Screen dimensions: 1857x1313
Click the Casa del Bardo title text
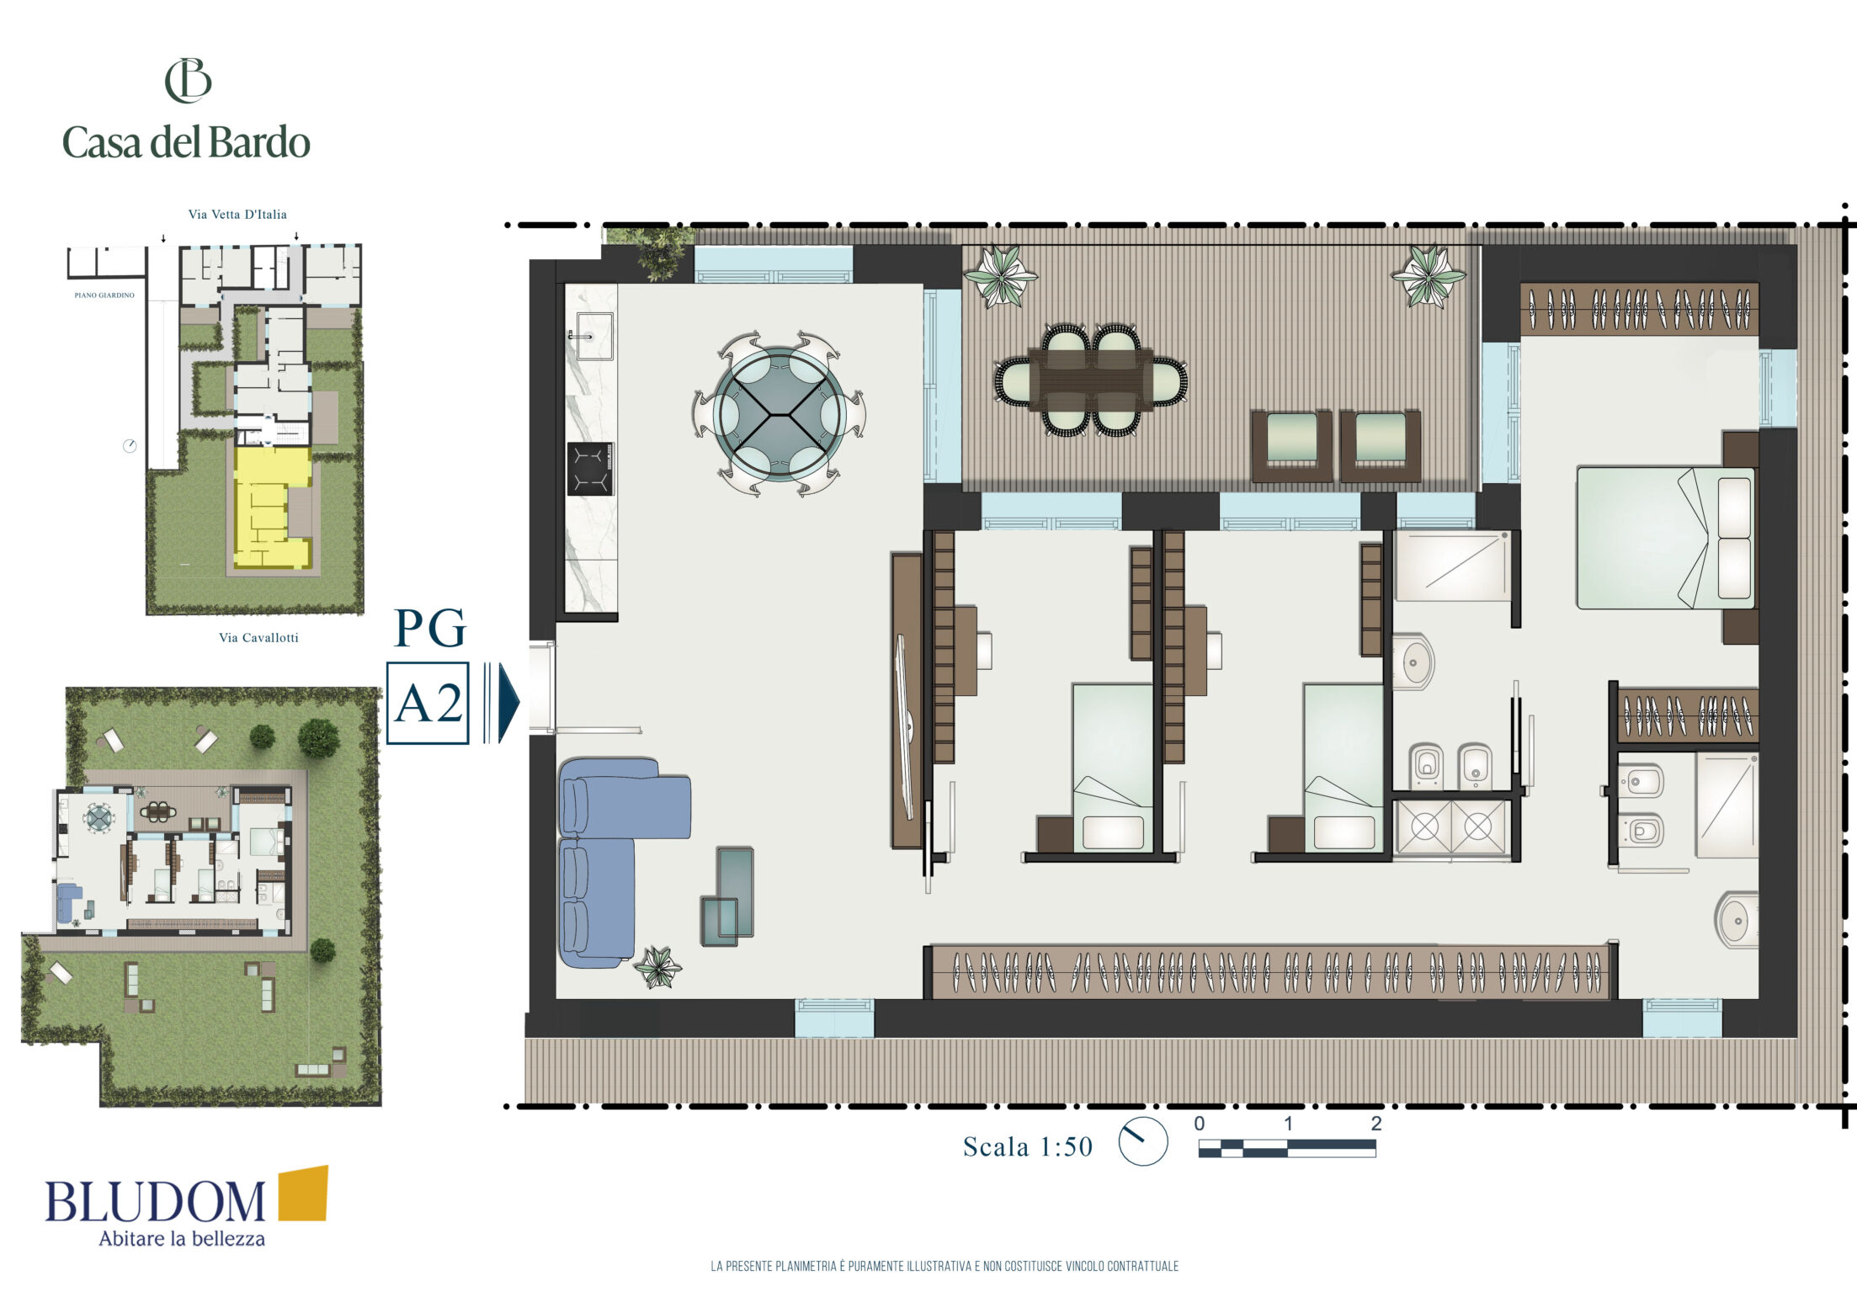186,142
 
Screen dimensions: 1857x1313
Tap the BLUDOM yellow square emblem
303,1193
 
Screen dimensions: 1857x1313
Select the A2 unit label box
428,703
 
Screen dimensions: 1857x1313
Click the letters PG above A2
429,628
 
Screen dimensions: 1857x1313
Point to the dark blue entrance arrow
508,703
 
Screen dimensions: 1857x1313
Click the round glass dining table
780,414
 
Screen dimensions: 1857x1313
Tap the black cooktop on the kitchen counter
590,469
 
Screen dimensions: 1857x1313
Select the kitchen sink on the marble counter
593,337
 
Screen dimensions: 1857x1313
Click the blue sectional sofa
615,858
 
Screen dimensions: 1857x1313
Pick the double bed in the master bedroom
1667,538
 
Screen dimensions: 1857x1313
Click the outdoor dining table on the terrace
1092,379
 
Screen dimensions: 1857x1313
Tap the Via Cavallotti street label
258,638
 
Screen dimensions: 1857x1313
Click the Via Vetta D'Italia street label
237,215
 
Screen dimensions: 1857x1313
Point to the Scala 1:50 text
1028,1146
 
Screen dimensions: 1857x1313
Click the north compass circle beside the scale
1143,1141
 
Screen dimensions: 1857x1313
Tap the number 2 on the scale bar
1376,1124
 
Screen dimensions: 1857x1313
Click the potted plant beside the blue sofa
657,966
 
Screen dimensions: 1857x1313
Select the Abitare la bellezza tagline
182,1239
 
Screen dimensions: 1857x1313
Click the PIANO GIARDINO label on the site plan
104,295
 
